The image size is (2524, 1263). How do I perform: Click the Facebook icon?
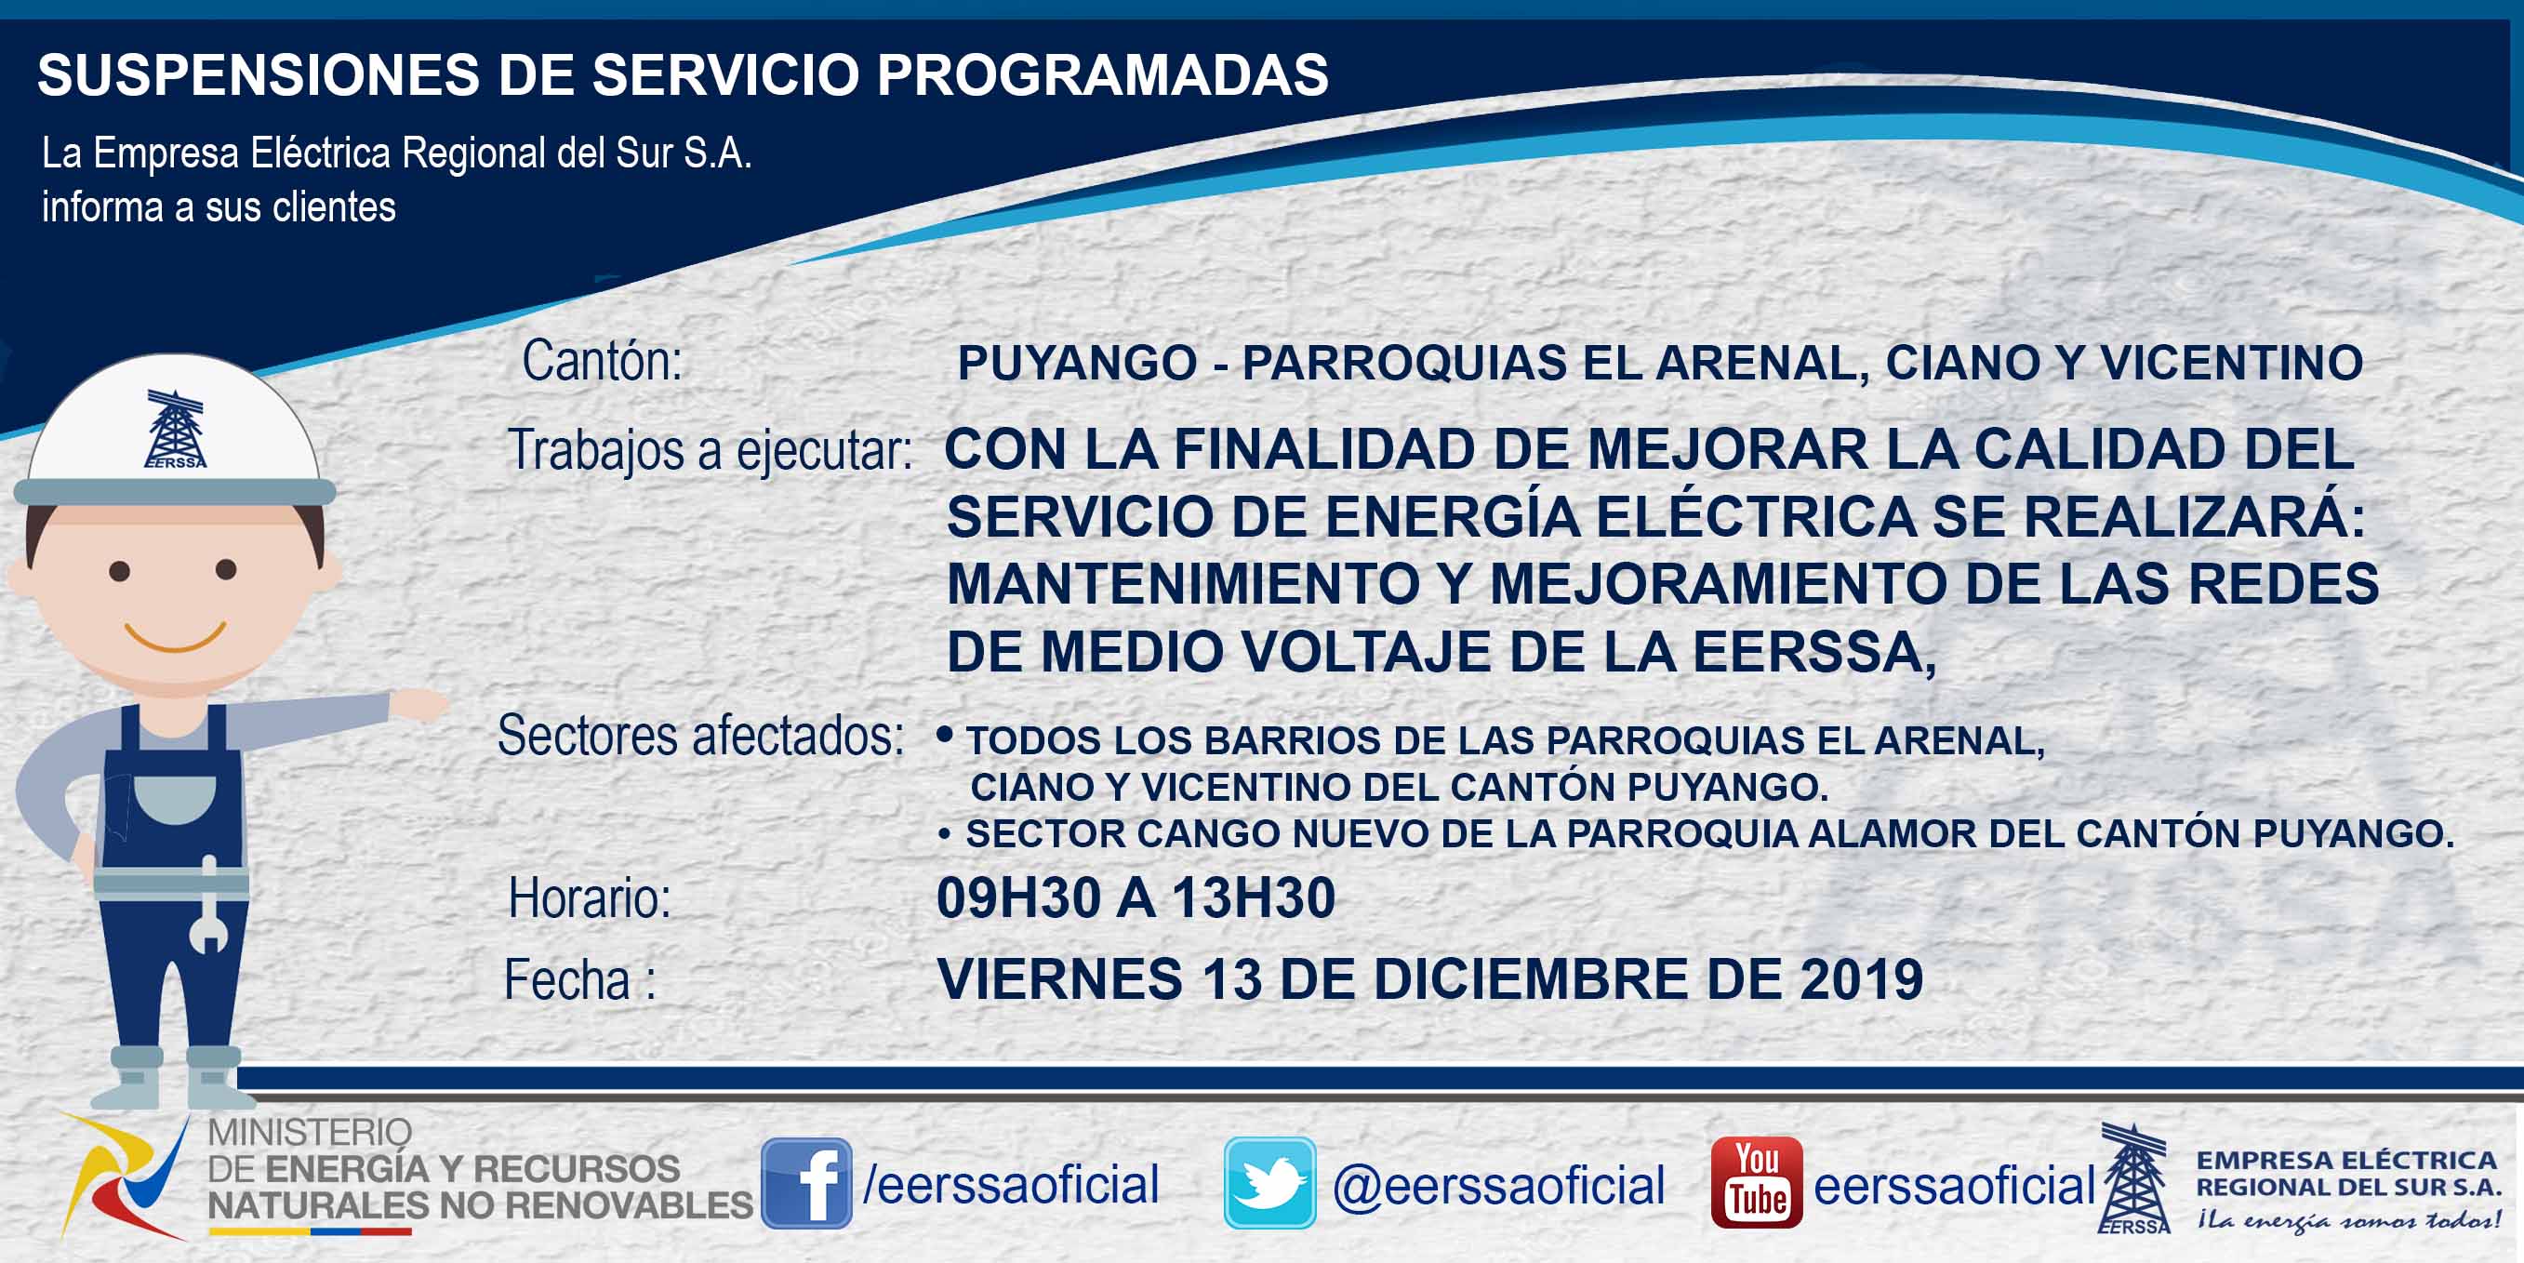pos(806,1183)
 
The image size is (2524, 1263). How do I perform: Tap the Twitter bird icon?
pos(1269,1183)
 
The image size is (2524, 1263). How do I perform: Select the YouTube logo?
pos(1757,1183)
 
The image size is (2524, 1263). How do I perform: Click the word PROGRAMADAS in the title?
pos(1102,74)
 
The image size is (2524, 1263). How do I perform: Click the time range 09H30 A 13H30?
pos(1136,897)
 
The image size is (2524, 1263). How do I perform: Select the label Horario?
pos(590,897)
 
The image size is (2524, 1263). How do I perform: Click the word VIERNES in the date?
pos(1060,978)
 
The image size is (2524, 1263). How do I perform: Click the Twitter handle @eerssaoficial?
pos(1499,1186)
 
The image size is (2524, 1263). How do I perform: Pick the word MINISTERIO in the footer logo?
pos(310,1133)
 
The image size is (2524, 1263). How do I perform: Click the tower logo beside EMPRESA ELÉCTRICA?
pos(2135,1178)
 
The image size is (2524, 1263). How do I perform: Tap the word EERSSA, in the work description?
pos(1814,653)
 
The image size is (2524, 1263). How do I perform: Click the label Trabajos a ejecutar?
pos(711,451)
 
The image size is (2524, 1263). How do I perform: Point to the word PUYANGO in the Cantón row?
pos(1078,363)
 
